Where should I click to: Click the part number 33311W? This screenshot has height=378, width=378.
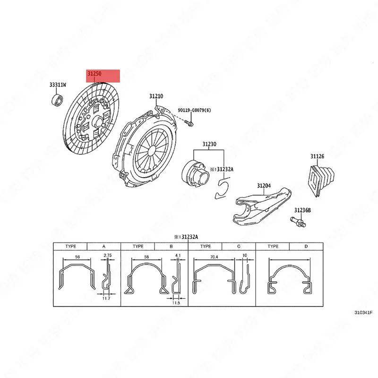(58, 85)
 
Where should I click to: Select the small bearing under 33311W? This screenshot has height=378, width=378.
(57, 100)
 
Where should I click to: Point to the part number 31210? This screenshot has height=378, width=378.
(156, 96)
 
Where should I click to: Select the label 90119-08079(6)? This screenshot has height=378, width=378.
(194, 110)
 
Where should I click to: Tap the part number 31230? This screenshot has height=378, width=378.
(209, 144)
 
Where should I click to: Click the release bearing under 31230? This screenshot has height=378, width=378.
(194, 172)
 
